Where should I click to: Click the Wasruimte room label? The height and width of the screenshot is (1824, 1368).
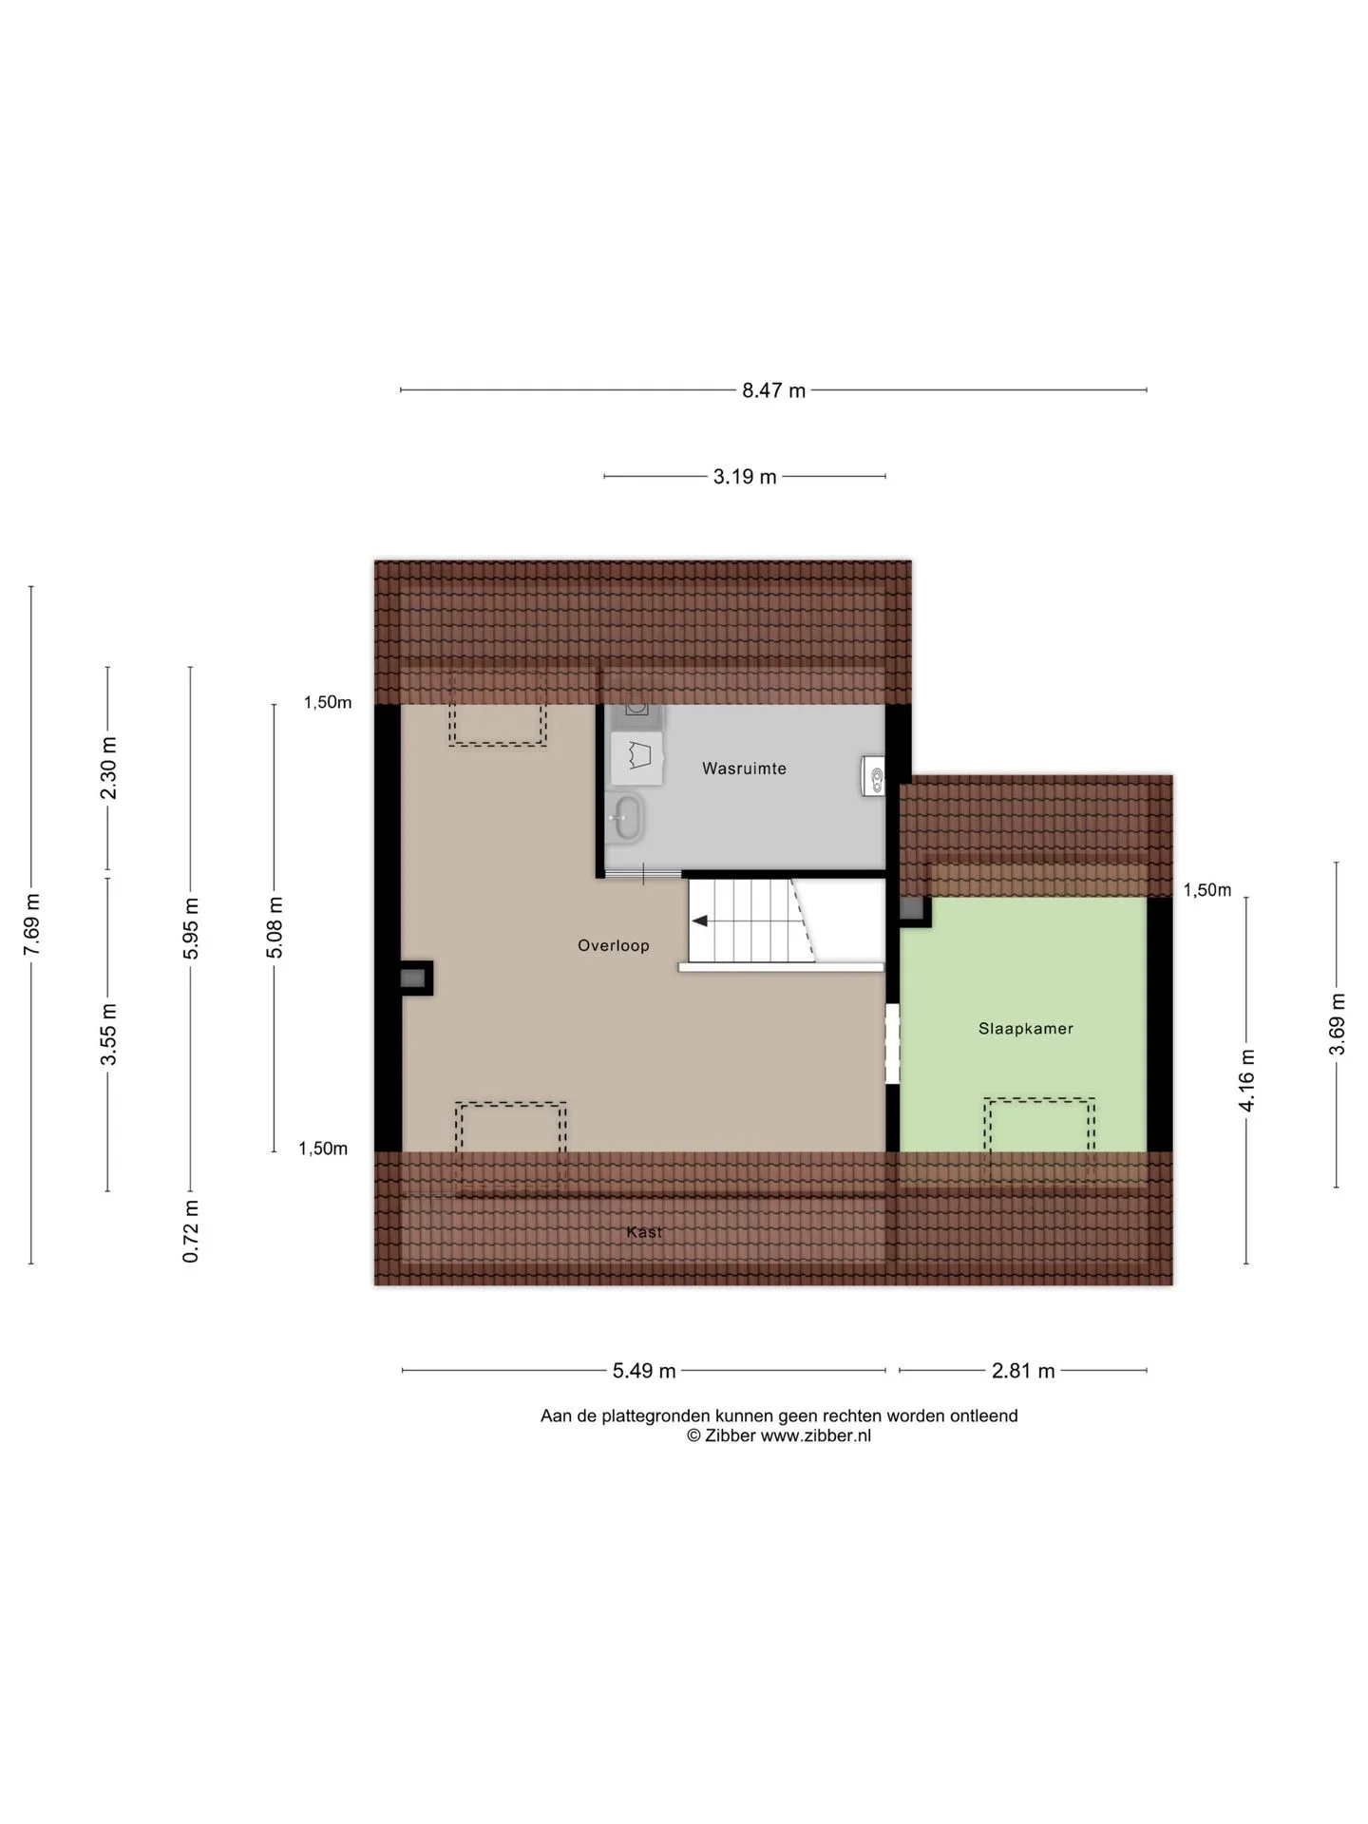click(744, 769)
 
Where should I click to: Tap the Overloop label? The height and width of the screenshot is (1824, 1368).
click(614, 945)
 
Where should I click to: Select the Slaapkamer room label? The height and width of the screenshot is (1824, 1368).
click(1026, 1028)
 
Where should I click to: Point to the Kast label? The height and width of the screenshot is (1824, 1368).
click(644, 1232)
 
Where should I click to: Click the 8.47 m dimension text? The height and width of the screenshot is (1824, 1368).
click(773, 390)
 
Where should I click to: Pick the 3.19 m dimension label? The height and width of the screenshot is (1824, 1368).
click(745, 477)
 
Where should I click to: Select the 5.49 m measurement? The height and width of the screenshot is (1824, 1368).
click(644, 1371)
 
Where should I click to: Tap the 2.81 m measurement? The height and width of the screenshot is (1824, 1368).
click(1023, 1371)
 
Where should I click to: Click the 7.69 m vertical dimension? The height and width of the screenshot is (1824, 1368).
click(31, 925)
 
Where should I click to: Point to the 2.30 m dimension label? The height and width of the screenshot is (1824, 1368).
click(108, 769)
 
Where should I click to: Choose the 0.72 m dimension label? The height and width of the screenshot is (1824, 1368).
click(191, 1231)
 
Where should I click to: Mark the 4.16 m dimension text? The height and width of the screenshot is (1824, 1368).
click(1246, 1080)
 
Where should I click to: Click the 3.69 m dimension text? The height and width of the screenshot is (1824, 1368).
click(1337, 1024)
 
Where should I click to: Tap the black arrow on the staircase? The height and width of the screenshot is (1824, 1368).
click(700, 921)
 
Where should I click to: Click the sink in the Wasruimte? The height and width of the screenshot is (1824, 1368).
click(627, 817)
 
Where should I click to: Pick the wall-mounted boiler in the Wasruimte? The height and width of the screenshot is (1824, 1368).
click(873, 775)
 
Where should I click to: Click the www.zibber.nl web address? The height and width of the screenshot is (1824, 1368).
click(816, 1435)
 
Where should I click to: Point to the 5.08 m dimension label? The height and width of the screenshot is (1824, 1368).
click(275, 927)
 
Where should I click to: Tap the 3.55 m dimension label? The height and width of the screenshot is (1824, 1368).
click(108, 1034)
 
